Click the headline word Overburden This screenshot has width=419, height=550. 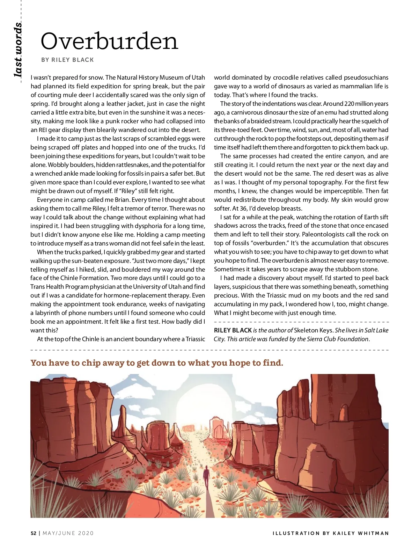click(x=109, y=41)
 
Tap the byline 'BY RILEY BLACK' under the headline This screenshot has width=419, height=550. click(x=67, y=60)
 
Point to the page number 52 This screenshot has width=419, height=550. click(x=34, y=533)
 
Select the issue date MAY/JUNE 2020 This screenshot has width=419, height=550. click(x=68, y=533)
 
